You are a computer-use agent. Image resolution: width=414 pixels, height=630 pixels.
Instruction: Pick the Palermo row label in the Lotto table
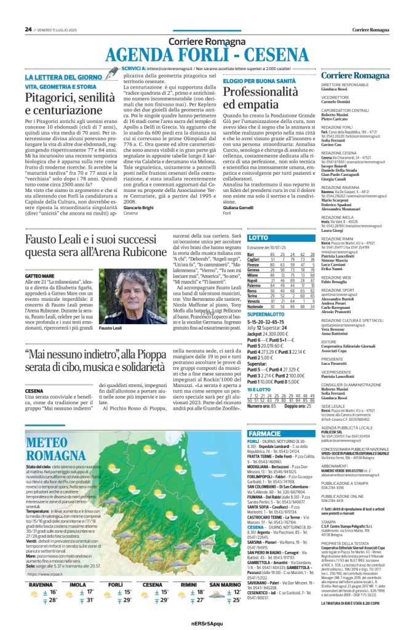pyautogui.click(x=254, y=285)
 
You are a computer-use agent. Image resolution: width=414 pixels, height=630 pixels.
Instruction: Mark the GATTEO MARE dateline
pyautogui.click(x=41, y=277)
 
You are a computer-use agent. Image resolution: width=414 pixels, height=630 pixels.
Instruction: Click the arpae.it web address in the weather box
pyautogui.click(x=48, y=574)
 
